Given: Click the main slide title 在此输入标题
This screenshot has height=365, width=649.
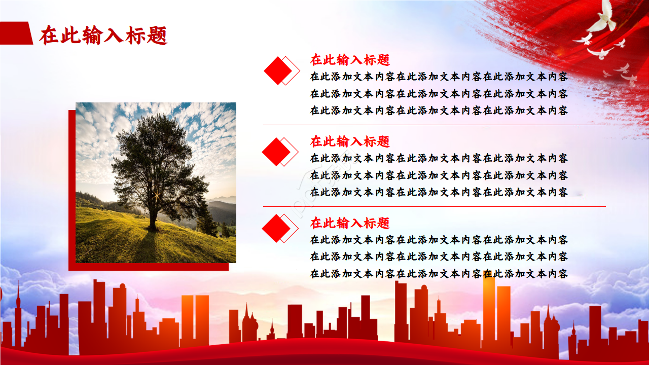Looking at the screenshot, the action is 103,35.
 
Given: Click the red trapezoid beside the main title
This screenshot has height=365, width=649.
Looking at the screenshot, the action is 16,33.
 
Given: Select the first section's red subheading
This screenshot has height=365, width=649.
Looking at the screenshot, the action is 350,60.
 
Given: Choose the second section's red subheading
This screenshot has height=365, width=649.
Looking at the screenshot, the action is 350,141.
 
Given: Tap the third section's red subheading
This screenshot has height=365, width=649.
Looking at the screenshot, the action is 350,223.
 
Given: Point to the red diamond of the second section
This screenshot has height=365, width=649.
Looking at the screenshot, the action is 276,152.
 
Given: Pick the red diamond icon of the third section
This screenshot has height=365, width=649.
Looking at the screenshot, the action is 276,228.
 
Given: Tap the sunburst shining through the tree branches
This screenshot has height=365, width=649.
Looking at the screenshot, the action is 157,196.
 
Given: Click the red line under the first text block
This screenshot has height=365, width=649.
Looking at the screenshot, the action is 435,125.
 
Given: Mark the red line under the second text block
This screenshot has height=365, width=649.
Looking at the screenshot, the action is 435,206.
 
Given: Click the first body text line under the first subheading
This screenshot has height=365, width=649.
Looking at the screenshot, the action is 439,77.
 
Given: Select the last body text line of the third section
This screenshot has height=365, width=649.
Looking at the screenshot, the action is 439,274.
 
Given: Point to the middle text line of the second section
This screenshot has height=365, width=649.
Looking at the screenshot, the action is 439,175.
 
